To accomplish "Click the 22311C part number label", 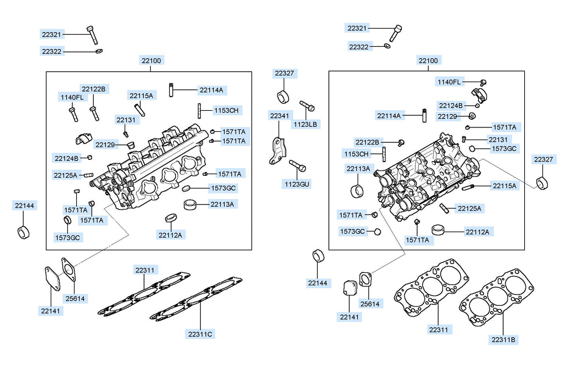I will [200, 334].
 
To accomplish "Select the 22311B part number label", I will [503, 340].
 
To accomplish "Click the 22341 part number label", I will [279, 116].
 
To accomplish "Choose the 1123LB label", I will [305, 124].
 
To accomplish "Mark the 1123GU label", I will [297, 184].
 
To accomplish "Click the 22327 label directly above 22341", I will [285, 73].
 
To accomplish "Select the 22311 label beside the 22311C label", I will [146, 270].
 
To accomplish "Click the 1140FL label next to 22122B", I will [72, 98].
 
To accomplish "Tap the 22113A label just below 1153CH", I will [359, 168].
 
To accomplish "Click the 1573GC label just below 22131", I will [504, 149].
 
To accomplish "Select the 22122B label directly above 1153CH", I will [367, 142].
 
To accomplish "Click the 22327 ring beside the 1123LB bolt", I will [284, 97].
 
